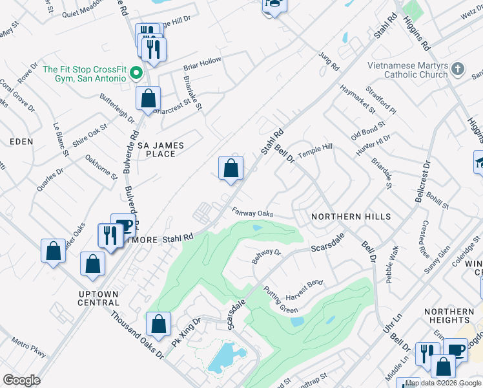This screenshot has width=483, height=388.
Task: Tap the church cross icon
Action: (457, 69)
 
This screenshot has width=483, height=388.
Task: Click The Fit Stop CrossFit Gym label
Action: (84, 74)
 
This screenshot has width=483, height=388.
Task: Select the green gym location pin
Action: (136, 73)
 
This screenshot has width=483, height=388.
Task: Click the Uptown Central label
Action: (98, 298)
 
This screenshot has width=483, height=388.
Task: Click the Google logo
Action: (21, 380)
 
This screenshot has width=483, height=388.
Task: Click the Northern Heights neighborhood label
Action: (449, 316)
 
